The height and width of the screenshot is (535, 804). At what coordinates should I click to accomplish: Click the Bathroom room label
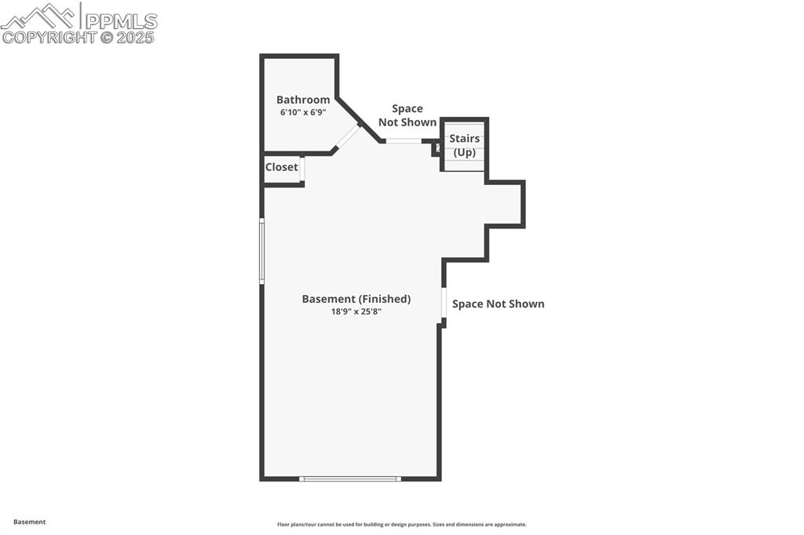click(303, 100)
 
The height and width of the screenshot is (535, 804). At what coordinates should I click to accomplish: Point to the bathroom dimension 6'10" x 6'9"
click(303, 112)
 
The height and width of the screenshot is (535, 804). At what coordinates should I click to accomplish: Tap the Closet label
click(281, 167)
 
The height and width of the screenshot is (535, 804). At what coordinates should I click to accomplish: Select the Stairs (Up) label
click(464, 146)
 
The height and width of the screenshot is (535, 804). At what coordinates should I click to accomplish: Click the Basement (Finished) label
click(356, 299)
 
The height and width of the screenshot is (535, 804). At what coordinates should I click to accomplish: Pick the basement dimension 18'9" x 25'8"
click(356, 311)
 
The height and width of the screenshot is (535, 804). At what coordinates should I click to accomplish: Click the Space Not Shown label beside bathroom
click(407, 115)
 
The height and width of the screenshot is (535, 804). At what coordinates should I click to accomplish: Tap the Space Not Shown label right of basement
click(498, 304)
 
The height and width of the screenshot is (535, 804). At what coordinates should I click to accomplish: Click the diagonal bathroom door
click(346, 136)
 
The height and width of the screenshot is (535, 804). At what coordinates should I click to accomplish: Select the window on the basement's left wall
click(261, 250)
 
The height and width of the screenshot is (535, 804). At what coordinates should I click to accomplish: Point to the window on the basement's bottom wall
click(350, 479)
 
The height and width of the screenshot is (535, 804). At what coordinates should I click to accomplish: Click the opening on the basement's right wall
click(444, 303)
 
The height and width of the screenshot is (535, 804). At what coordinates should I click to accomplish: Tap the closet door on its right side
click(302, 169)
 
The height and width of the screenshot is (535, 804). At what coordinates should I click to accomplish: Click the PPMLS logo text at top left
click(121, 20)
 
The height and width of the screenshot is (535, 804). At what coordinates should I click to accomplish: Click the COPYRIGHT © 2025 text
click(79, 37)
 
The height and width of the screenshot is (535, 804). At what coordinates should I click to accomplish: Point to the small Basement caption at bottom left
click(30, 522)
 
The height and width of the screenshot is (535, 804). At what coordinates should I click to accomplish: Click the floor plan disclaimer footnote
click(401, 525)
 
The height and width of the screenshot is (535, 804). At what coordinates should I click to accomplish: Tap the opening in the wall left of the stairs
click(404, 141)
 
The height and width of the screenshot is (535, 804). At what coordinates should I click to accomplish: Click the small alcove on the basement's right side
click(504, 205)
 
